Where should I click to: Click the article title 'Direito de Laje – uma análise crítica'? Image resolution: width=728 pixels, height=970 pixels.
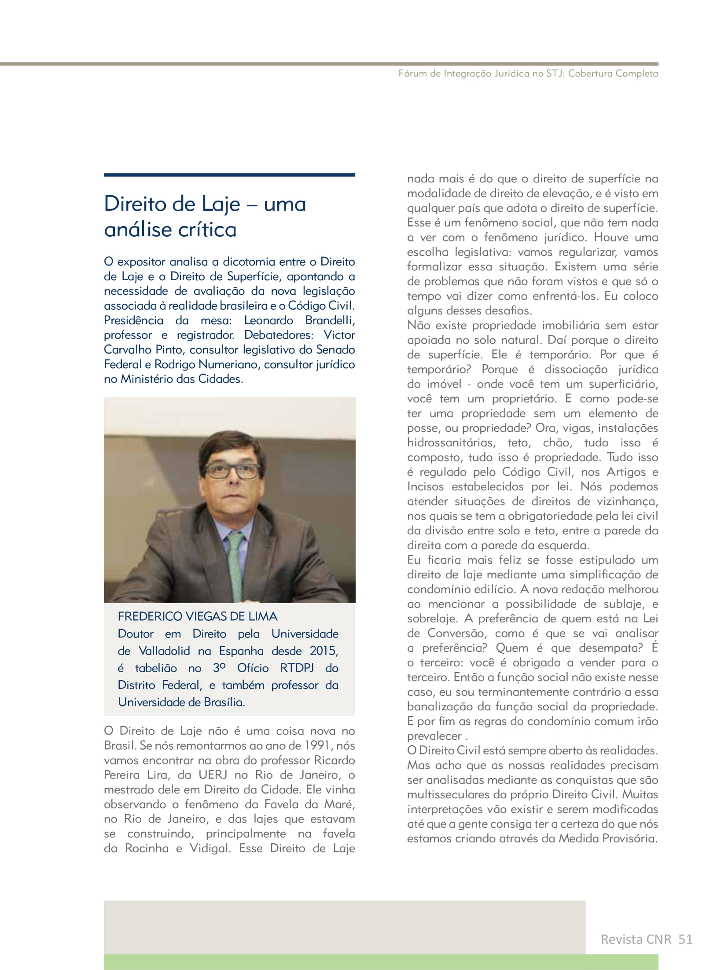[205, 216]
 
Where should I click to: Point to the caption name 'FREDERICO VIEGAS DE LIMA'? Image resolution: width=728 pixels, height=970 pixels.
[198, 616]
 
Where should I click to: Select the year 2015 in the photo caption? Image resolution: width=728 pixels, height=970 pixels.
[324, 651]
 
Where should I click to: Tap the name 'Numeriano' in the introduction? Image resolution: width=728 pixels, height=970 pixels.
[229, 364]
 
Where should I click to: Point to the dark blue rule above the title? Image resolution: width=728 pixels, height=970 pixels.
[229, 175]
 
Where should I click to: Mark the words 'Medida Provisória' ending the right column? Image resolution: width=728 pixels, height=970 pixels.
[608, 838]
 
